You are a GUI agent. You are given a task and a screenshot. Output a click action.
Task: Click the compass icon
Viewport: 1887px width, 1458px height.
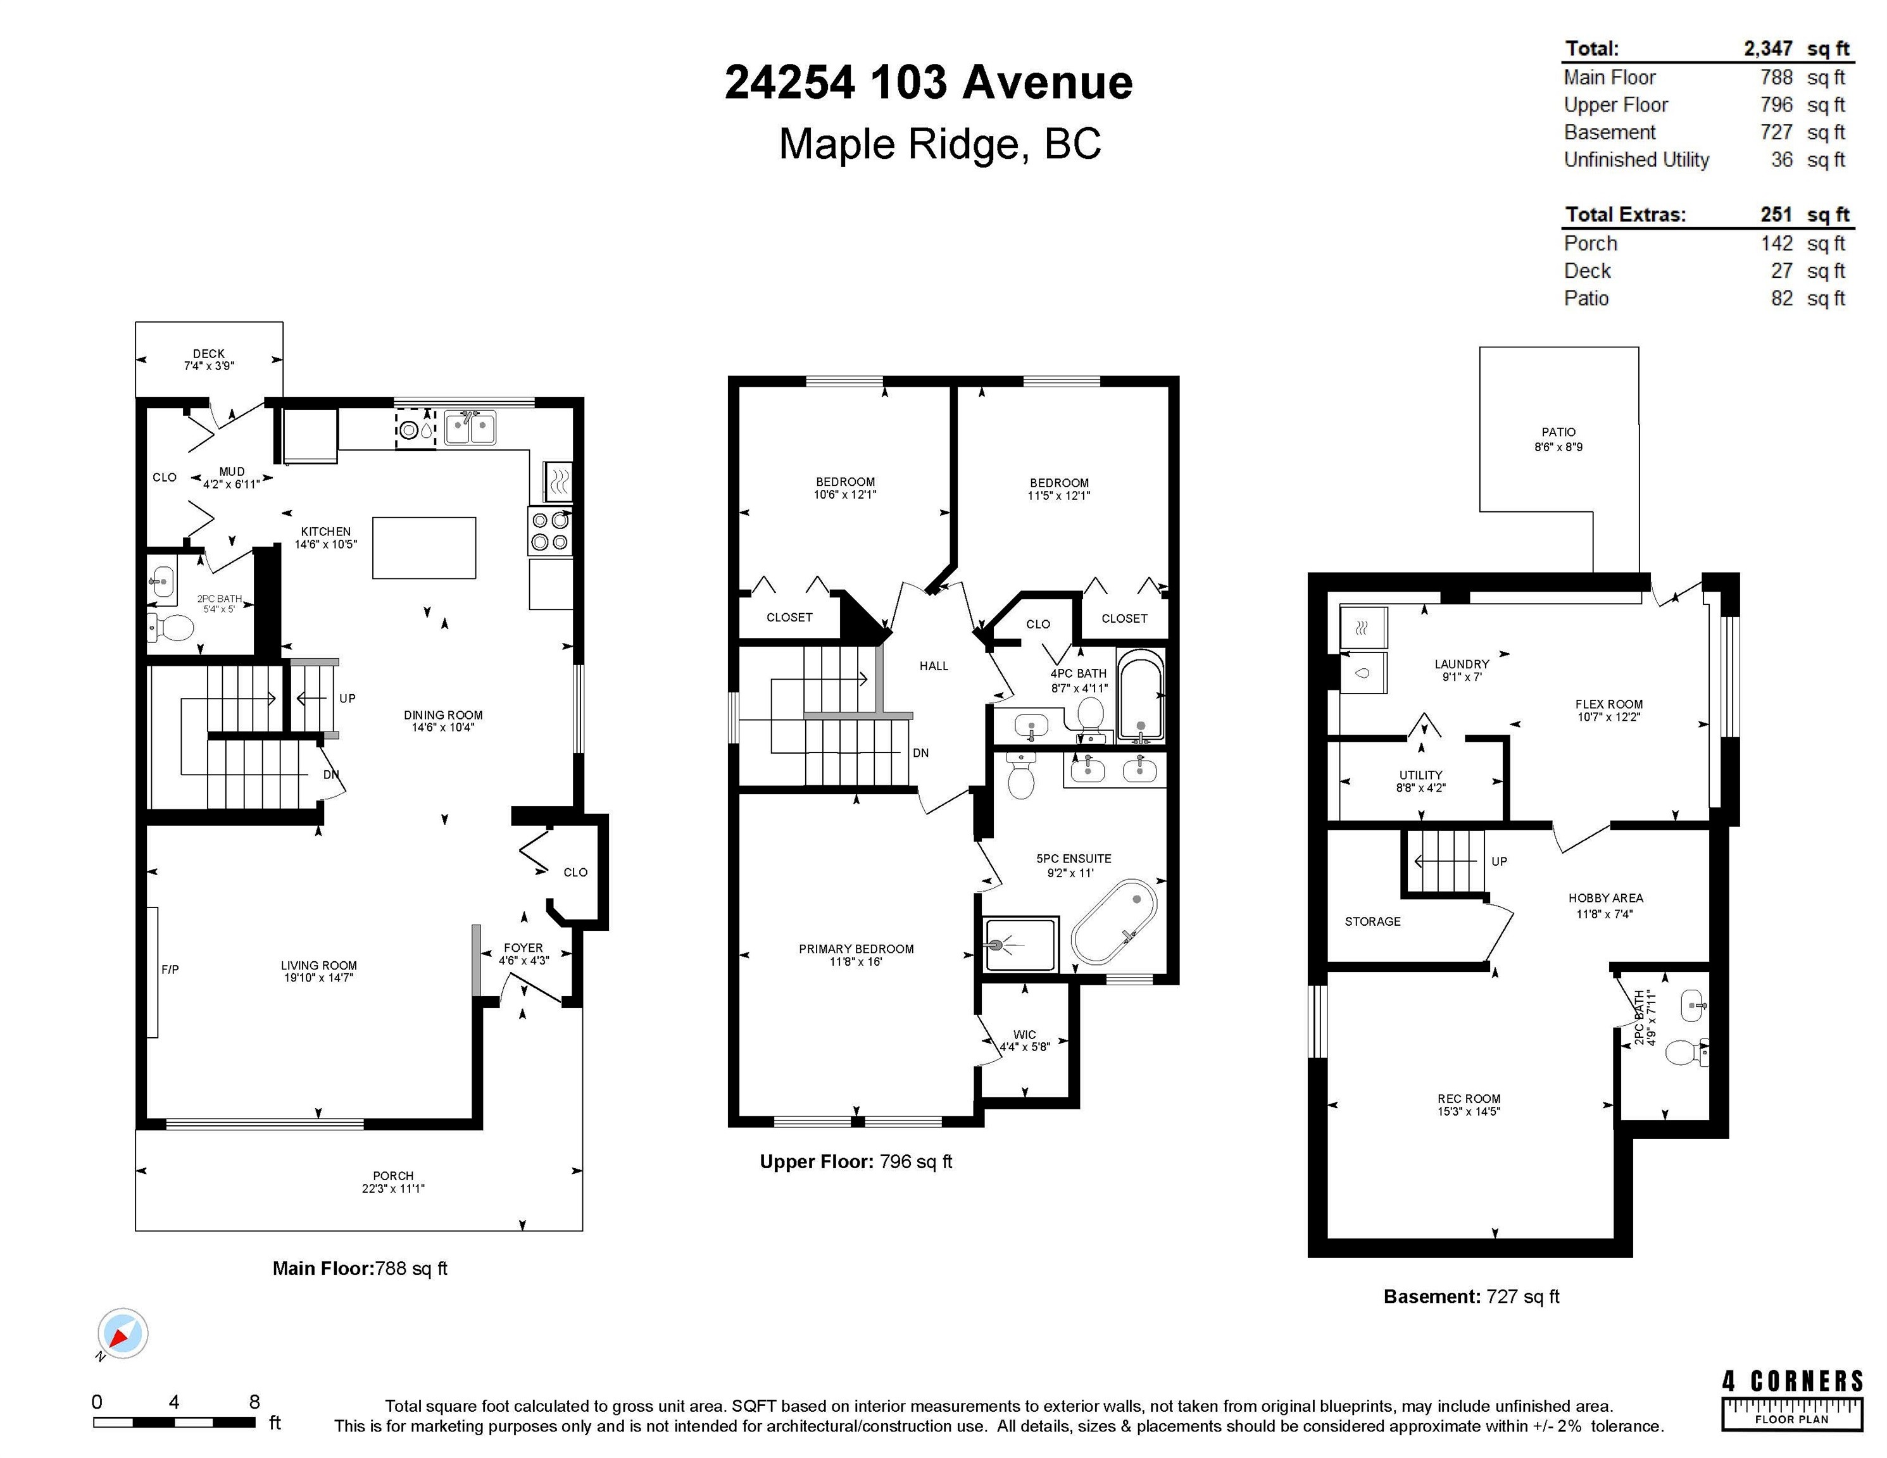pyautogui.click(x=123, y=1333)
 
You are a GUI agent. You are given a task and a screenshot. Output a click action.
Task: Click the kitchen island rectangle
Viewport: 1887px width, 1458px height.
pyautogui.click(x=424, y=547)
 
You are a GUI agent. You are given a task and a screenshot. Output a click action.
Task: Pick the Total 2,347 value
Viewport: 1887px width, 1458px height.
pyautogui.click(x=1768, y=49)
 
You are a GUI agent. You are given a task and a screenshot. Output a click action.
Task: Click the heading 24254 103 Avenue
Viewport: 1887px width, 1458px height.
pyautogui.click(x=929, y=83)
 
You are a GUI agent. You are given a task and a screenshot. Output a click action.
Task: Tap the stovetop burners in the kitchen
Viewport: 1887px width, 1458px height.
pyautogui.click(x=550, y=531)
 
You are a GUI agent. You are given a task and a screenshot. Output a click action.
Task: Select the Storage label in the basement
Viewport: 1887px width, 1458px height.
pyautogui.click(x=1373, y=921)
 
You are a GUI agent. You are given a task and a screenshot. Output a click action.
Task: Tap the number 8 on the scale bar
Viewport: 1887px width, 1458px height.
pyautogui.click(x=254, y=1402)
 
